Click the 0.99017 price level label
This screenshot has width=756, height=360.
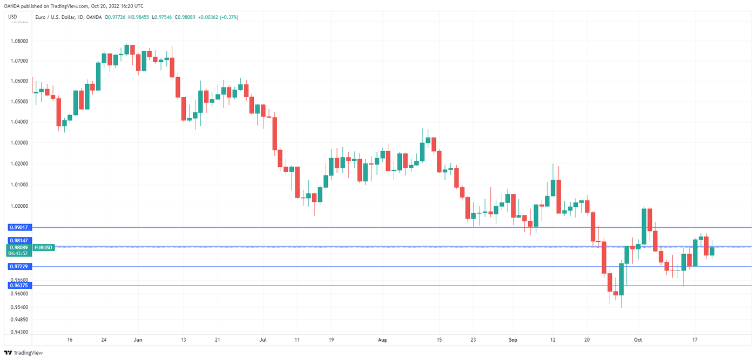click(x=19, y=228)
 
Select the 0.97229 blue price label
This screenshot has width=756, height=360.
click(x=19, y=267)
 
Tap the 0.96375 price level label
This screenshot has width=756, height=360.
click(x=19, y=285)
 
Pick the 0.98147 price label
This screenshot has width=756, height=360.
click(x=19, y=240)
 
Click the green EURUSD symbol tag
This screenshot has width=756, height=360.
click(x=43, y=247)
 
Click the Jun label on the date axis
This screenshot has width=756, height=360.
click(x=138, y=340)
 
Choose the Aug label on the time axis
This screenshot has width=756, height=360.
click(x=382, y=340)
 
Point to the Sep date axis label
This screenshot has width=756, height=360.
click(x=513, y=340)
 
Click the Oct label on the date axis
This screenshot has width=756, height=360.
click(x=638, y=340)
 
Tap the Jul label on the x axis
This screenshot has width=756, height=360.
click(x=263, y=340)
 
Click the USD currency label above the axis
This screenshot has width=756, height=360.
click(x=12, y=17)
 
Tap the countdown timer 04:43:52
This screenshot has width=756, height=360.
click(x=18, y=253)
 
